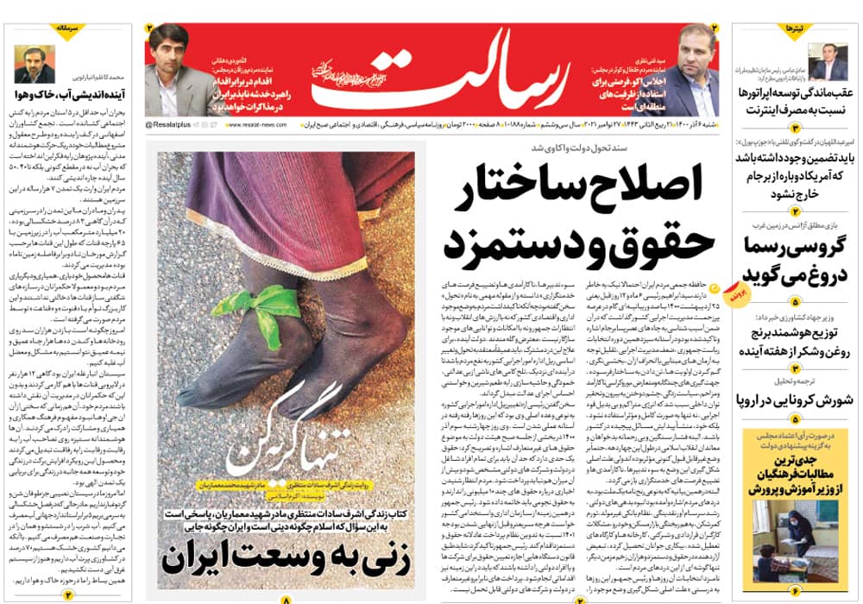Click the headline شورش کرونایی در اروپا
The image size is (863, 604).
point(795,400)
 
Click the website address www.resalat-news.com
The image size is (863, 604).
point(259,126)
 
